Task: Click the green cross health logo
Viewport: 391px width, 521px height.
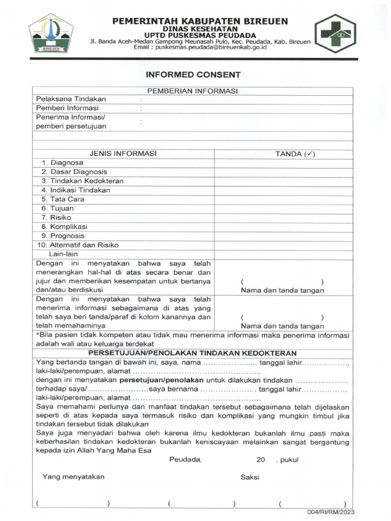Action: [x=334, y=34]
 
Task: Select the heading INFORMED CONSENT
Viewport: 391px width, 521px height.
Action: [x=193, y=75]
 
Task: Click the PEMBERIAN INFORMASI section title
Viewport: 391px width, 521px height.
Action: [x=192, y=91]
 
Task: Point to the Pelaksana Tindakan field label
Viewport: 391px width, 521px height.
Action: [x=71, y=99]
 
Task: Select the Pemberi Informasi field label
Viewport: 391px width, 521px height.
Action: [x=67, y=108]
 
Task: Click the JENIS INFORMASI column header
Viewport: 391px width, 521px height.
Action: [x=123, y=154]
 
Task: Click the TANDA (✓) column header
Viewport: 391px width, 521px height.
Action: [x=295, y=154]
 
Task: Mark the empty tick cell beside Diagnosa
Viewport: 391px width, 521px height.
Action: [x=283, y=163]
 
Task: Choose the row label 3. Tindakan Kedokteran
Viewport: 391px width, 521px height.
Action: [x=82, y=181]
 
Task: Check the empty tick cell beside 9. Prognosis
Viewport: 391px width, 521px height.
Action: [x=283, y=236]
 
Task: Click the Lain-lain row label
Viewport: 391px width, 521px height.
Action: [x=63, y=254]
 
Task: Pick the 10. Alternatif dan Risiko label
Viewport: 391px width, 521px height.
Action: [x=78, y=245]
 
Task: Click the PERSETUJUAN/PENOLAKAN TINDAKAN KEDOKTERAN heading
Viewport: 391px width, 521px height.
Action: [x=192, y=353]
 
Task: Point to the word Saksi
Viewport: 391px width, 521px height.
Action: [x=250, y=477]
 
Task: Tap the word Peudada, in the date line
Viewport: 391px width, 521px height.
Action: [x=185, y=459]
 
